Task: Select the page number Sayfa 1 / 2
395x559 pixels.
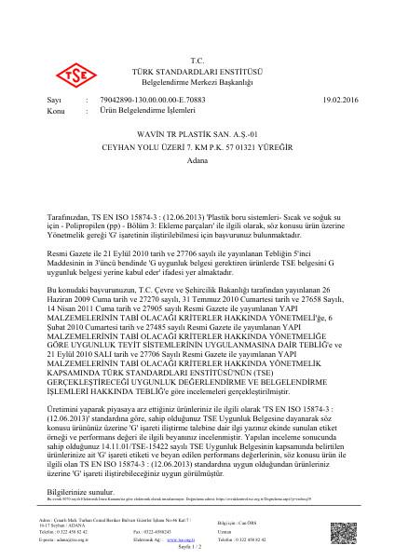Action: (197, 552)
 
